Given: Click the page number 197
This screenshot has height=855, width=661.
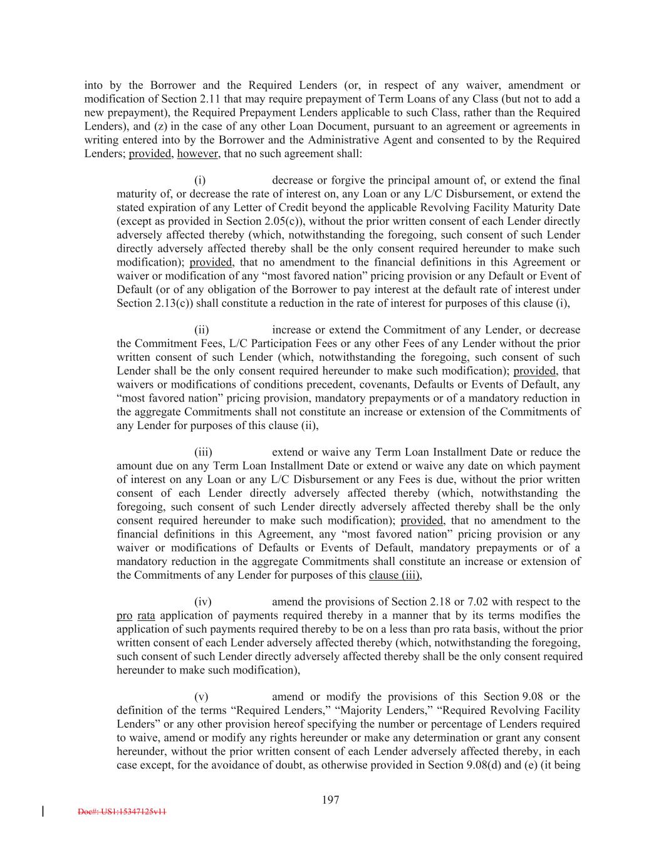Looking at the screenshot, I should pyautogui.click(x=330, y=799).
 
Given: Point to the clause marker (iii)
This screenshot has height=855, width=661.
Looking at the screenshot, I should pyautogui.click(x=202, y=452).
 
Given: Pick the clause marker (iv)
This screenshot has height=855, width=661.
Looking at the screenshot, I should pyautogui.click(x=202, y=602).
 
